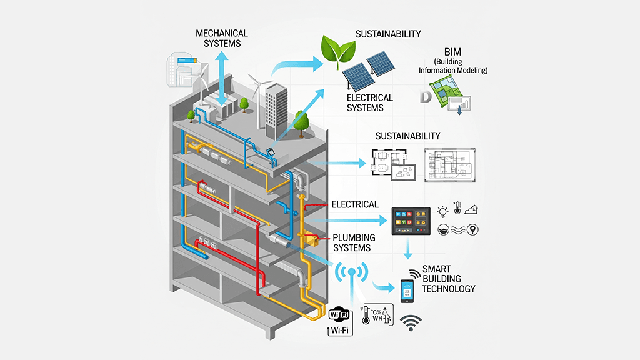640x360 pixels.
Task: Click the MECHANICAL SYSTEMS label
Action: point(222,38)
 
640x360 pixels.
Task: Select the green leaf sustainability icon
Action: point(337,50)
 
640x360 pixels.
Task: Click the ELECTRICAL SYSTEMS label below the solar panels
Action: point(369,102)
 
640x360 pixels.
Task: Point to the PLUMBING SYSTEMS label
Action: point(354,242)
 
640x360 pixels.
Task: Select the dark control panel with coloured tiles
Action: point(411,221)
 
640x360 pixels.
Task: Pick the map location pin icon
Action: point(473,230)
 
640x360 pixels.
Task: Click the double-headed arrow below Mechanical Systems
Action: point(222,78)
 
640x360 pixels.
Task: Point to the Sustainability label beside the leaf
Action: point(388,34)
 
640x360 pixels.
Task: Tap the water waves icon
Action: point(458,230)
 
